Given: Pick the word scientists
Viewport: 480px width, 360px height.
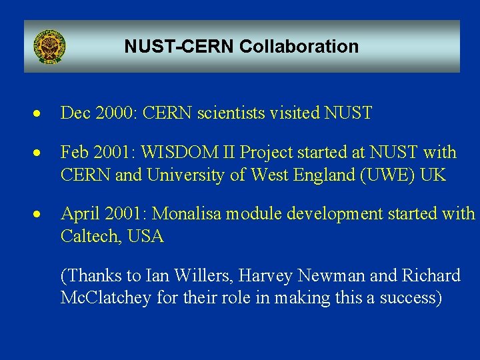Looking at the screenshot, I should (x=232, y=113).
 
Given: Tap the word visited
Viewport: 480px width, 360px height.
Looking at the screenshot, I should (x=295, y=113).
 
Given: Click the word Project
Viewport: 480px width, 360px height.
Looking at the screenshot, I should (x=268, y=153).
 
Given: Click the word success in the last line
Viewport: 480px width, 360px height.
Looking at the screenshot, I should (x=407, y=297).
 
